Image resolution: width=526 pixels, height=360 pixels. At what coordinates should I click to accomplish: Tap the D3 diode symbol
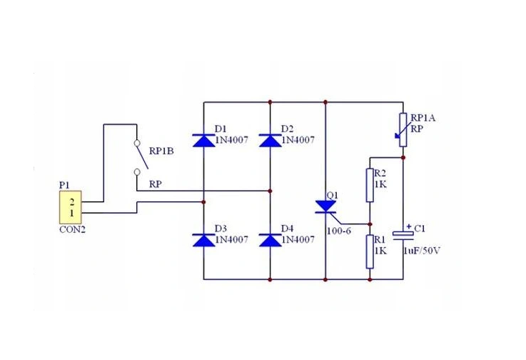204,240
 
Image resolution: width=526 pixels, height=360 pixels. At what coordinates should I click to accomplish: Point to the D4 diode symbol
270,240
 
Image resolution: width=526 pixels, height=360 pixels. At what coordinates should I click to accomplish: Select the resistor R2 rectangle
370,184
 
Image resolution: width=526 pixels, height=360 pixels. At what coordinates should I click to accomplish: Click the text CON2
72,231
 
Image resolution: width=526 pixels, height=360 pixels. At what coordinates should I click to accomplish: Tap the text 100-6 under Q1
339,230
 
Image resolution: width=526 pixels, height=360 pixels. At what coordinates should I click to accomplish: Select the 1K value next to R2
380,184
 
